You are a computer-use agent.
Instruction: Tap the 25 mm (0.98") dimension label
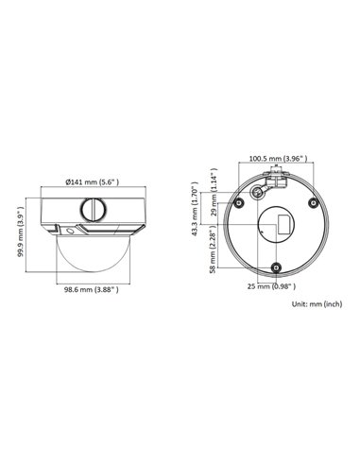[x=271, y=285]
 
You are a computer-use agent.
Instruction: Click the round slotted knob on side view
[x=92, y=205]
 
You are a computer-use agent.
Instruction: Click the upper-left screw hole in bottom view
[x=240, y=202]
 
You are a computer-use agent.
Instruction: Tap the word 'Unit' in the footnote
[x=300, y=304]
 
